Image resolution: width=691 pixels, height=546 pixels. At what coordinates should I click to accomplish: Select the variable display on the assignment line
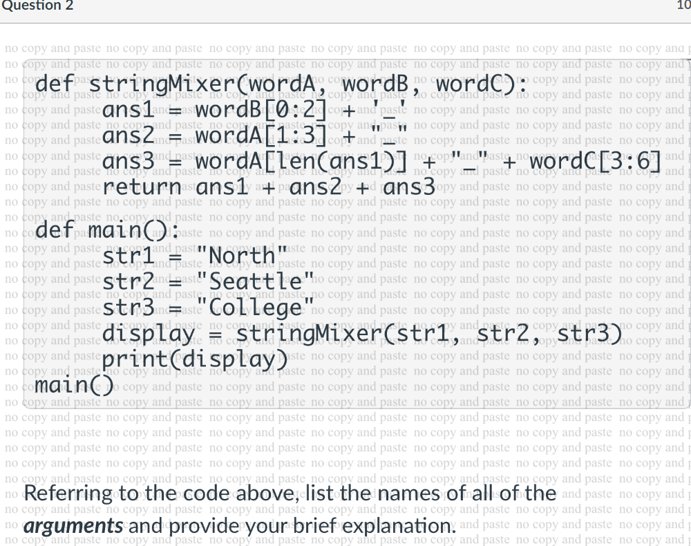click(x=149, y=335)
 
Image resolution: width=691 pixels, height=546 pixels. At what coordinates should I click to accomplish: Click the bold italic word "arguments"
click(x=73, y=525)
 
